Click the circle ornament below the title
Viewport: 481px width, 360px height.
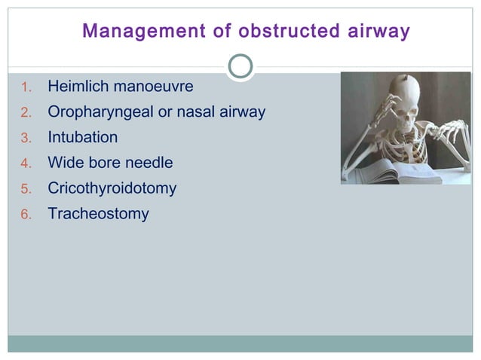point(240,66)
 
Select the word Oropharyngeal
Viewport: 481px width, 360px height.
point(95,112)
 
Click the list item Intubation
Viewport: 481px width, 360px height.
point(83,137)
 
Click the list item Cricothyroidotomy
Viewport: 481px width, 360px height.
point(112,188)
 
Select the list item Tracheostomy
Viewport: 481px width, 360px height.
point(98,214)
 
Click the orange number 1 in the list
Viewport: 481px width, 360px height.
point(24,87)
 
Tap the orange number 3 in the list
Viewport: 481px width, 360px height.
point(24,138)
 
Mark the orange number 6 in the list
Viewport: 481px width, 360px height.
point(24,215)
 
